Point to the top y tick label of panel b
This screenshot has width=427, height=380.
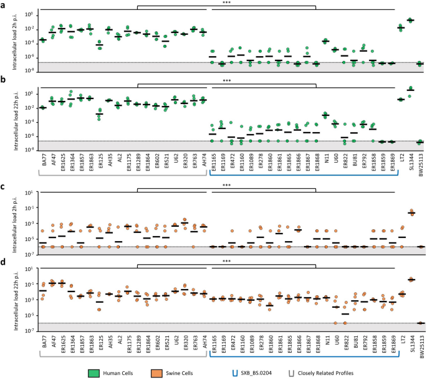29,93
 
